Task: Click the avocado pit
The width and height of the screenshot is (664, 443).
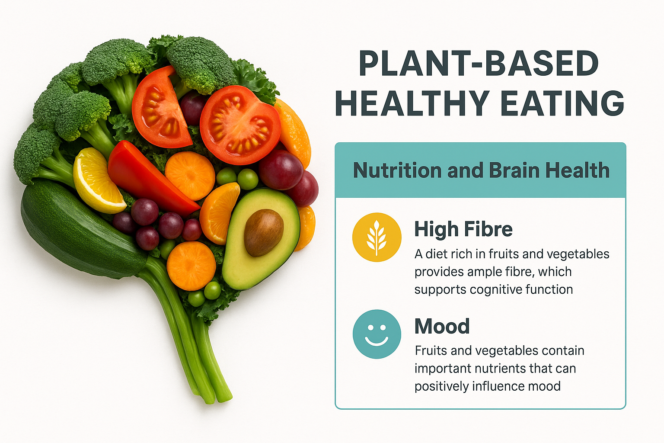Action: click(x=264, y=233)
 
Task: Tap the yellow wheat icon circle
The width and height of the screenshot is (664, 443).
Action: click(x=377, y=237)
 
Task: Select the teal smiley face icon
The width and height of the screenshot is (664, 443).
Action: click(x=377, y=334)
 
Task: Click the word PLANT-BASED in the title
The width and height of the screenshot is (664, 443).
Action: click(x=479, y=64)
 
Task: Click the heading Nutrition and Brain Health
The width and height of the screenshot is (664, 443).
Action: click(x=481, y=170)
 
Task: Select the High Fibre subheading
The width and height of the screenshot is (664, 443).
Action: click(x=463, y=229)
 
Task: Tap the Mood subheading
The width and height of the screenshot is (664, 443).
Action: click(x=442, y=326)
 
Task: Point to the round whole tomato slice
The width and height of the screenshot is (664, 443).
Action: click(x=240, y=125)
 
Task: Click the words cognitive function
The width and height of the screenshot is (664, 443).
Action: click(x=521, y=289)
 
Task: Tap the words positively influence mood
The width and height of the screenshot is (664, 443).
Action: click(x=488, y=386)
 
